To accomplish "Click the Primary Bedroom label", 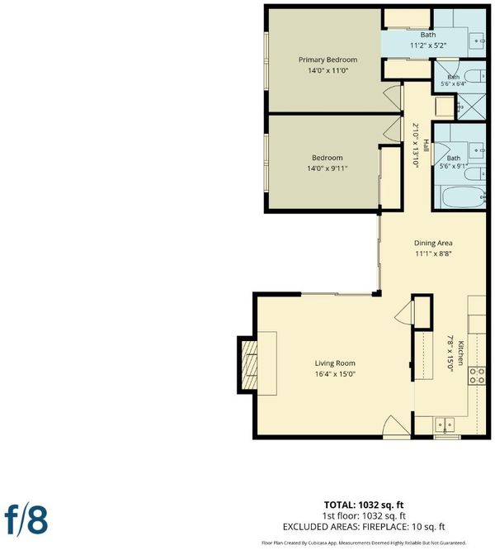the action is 328,59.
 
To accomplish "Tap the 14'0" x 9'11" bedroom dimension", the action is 328,168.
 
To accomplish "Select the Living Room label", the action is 335,363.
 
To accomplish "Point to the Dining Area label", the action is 433,243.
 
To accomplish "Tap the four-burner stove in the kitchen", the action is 477,375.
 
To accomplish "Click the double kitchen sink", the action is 445,424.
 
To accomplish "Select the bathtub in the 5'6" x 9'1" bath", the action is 463,197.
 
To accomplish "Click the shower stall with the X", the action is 472,107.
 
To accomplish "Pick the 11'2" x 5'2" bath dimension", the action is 427,45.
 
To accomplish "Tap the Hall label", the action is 426,145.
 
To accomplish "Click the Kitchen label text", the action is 460,353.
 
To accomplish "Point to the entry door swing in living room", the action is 396,426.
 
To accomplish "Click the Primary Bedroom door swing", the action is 393,98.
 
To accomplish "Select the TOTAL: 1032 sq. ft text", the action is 364,505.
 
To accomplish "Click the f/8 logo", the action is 26,520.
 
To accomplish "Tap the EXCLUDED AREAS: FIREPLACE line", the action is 364,527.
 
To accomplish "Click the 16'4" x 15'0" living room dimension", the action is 335,374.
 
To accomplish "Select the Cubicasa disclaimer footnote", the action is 364,543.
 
